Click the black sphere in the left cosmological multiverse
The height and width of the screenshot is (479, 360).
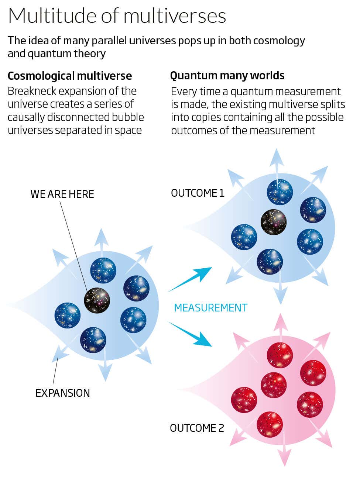pos(97,300)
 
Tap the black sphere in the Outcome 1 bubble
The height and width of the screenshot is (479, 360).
pos(274,222)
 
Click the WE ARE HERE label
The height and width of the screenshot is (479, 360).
pos(62,194)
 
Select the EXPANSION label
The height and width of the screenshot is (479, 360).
pos(63,393)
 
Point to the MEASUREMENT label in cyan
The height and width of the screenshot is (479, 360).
pos(211,308)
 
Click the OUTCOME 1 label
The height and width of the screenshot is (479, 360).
pos(198,193)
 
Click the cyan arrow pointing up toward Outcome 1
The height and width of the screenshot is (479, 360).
pos(190,279)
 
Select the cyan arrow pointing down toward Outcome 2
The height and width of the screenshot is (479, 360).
pos(190,334)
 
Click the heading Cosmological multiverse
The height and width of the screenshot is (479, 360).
pos(70,76)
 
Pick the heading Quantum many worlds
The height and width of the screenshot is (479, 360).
pos(227,76)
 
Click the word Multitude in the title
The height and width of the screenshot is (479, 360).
pos(52,16)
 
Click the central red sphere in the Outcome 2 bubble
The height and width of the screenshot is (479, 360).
pos(274,385)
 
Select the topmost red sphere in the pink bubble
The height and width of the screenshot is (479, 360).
pos(280,355)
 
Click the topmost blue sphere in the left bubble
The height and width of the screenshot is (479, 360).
pos(103,270)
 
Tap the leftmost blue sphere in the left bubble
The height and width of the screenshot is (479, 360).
pos(68,315)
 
